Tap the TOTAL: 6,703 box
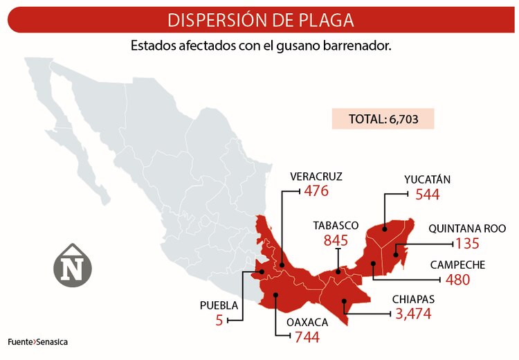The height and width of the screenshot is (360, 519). click(x=383, y=118)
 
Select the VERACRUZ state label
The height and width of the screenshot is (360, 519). click(x=316, y=176)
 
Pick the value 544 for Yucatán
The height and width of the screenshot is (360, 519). click(x=428, y=195)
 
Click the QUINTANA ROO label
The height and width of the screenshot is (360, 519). click(x=467, y=228)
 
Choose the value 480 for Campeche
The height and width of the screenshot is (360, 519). click(x=457, y=280)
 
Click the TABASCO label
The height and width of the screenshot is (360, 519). click(x=336, y=226)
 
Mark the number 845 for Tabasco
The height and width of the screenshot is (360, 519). click(x=336, y=241)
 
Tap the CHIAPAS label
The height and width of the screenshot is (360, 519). click(x=413, y=299)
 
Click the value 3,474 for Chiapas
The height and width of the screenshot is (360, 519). click(x=414, y=314)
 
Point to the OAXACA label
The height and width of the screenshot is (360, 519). click(x=307, y=322)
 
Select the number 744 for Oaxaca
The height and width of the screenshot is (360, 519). click(x=307, y=337)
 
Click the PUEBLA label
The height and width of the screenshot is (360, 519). click(x=219, y=305)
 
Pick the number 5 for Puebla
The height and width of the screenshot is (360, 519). click(x=219, y=321)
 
